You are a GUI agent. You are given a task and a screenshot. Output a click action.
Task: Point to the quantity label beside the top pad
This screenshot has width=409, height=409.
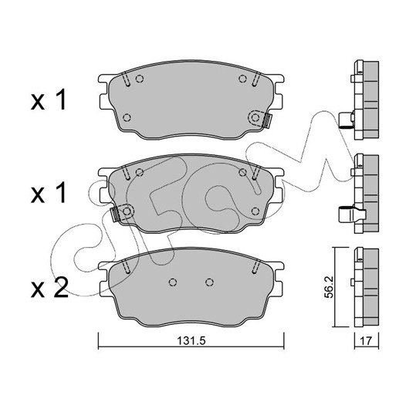[x=49, y=100]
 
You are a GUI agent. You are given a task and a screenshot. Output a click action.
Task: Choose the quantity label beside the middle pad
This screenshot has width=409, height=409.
[x=49, y=193]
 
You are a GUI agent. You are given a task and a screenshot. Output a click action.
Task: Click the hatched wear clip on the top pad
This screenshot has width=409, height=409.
[x=266, y=120]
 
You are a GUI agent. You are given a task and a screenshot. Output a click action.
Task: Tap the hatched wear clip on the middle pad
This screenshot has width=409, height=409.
[x=115, y=215]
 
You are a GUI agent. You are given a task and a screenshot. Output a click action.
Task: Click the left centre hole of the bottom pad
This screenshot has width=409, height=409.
[x=173, y=282]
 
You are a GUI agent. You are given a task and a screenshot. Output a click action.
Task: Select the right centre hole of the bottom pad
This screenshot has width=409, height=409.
[x=209, y=282]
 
